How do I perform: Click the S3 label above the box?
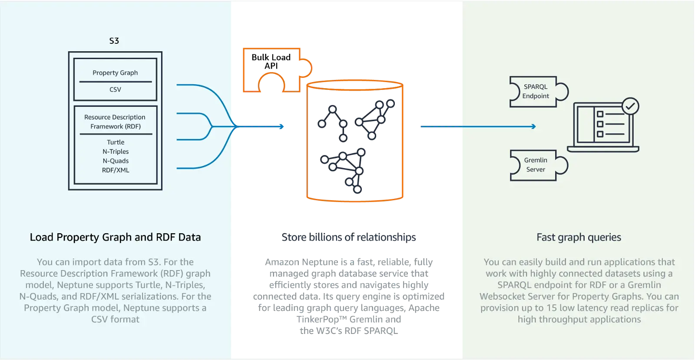(114, 41)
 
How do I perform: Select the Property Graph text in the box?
(115, 73)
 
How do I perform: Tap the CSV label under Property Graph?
(115, 89)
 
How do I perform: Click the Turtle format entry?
(116, 142)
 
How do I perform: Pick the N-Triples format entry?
(116, 152)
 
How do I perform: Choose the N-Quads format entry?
(116, 161)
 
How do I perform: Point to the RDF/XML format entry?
(116, 170)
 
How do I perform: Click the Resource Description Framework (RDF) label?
(115, 122)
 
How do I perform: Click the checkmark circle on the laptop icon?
(630, 106)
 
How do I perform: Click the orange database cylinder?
(355, 141)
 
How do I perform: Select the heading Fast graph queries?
(579, 238)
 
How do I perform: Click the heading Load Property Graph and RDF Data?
(115, 238)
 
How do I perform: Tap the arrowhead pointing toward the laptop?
(533, 127)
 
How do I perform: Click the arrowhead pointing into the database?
(282, 127)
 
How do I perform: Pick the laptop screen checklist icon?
(604, 125)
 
